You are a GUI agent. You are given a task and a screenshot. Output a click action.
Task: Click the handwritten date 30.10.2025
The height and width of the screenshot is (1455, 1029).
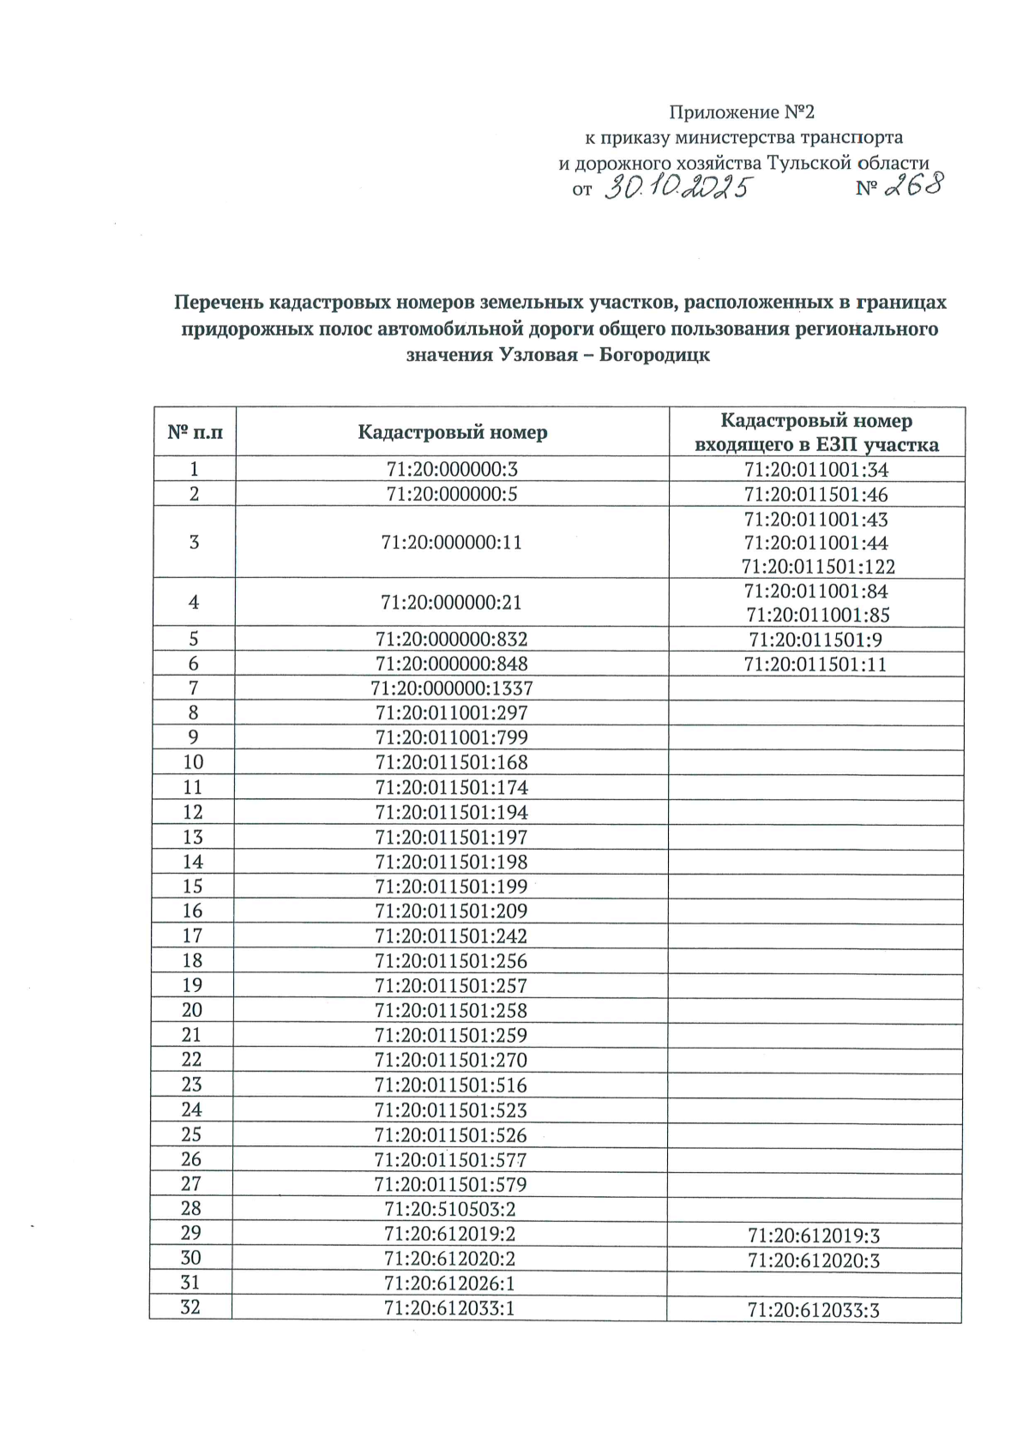pyautogui.click(x=677, y=188)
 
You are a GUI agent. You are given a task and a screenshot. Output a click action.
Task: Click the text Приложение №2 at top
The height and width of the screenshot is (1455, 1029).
pyautogui.click(x=741, y=112)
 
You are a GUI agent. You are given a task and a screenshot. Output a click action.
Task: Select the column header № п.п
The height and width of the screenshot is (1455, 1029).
pyautogui.click(x=195, y=432)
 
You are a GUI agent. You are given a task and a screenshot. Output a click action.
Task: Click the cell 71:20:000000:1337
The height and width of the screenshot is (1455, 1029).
pyautogui.click(x=452, y=688)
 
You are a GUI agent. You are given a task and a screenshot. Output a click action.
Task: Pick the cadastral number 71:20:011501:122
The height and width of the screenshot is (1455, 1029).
pyautogui.click(x=818, y=567)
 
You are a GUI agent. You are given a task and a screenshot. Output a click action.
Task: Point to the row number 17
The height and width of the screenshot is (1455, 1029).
pyautogui.click(x=193, y=935)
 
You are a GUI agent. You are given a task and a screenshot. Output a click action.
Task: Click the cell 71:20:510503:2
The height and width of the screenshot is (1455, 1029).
pyautogui.click(x=450, y=1210)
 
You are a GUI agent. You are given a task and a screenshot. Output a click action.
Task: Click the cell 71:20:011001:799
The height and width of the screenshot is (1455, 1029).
pyautogui.click(x=452, y=737)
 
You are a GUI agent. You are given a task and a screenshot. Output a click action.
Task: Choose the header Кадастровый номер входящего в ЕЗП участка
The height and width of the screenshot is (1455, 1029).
pyautogui.click(x=816, y=432)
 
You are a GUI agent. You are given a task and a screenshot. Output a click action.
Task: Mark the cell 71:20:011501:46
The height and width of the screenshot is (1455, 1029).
pyautogui.click(x=816, y=495)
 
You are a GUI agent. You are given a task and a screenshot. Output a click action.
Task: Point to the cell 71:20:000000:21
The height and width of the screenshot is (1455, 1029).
pyautogui.click(x=451, y=603)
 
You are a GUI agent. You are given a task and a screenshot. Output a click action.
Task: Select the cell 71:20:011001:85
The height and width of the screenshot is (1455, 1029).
pyautogui.click(x=818, y=615)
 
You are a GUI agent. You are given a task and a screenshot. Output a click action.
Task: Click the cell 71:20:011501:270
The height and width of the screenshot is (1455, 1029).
pyautogui.click(x=451, y=1060)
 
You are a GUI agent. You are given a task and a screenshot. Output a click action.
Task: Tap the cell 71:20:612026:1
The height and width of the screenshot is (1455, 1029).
pyautogui.click(x=449, y=1284)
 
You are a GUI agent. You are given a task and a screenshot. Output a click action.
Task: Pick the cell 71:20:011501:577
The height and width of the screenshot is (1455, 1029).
pyautogui.click(x=451, y=1160)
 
